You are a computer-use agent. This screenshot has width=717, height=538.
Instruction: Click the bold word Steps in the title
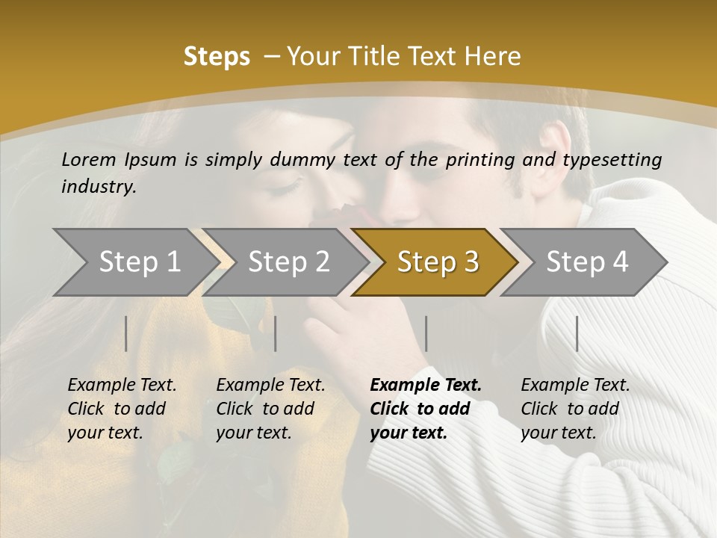pos(217,57)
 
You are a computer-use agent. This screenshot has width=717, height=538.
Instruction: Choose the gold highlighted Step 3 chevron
pos(438,262)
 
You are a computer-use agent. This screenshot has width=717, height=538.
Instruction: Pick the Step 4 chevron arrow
pos(587,262)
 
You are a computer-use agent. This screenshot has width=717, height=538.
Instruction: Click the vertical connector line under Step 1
pos(126,333)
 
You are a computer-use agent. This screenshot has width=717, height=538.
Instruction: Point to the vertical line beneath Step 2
pos(276,333)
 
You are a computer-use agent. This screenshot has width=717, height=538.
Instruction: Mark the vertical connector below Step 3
pos(426,333)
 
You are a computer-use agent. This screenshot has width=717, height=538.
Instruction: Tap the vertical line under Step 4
pos(577,333)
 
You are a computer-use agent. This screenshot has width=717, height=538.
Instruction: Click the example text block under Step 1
pos(122,409)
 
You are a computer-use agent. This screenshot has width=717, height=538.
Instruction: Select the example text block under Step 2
pos(270,409)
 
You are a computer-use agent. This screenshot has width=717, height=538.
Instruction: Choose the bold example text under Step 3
pos(426,409)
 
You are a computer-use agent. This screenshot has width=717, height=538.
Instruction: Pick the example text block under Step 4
pos(575,409)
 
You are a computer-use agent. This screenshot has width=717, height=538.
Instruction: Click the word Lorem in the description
pos(89,159)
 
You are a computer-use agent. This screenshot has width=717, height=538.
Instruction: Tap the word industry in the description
pos(99,187)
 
